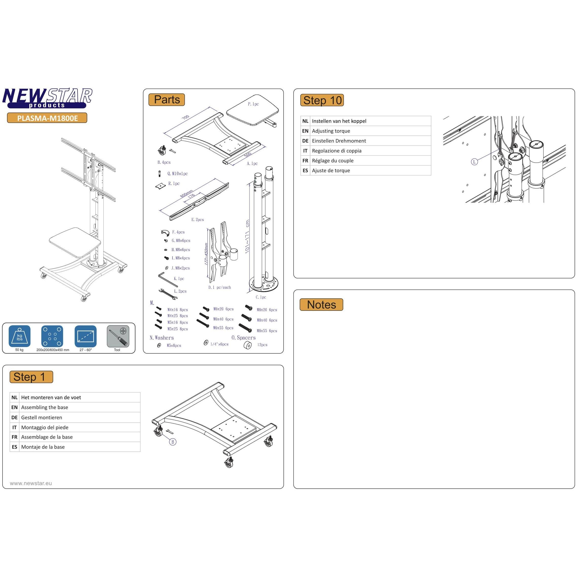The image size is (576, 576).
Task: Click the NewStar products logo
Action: (47, 98)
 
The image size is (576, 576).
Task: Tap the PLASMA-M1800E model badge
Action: (47, 118)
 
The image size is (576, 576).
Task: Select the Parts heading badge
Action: (167, 100)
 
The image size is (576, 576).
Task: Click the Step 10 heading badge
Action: (322, 100)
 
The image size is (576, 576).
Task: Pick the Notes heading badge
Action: (321, 305)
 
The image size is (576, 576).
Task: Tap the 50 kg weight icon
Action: (20, 336)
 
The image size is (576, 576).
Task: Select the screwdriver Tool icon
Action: (118, 336)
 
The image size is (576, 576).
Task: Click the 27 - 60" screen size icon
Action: (86, 336)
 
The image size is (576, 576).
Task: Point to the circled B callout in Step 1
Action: (172, 442)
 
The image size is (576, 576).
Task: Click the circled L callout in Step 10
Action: (474, 162)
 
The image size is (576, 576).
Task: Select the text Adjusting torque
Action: (331, 131)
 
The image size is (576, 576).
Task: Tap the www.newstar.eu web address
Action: (31, 483)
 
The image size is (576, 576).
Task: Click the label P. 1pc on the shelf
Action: (253, 104)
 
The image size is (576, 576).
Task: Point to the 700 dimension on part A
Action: (185, 117)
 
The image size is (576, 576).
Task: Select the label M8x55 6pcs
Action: (267, 331)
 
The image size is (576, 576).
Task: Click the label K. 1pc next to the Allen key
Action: (179, 278)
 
